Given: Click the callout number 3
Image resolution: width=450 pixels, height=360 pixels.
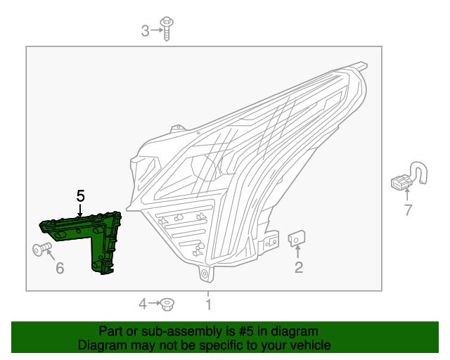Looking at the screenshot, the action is pyautogui.click(x=146, y=30).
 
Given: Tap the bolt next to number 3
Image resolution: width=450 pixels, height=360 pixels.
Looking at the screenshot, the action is pyautogui.click(x=167, y=29).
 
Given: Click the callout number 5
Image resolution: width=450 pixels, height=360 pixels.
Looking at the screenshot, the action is pyautogui.click(x=81, y=195).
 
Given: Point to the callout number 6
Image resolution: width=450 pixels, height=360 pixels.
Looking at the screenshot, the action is pyautogui.click(x=60, y=268).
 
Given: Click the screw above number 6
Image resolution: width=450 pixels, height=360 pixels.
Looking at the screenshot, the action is pyautogui.click(x=41, y=248).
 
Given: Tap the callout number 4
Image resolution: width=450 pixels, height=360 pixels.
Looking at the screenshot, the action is pyautogui.click(x=143, y=304).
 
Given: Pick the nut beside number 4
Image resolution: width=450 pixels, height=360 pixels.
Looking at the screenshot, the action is pyautogui.click(x=167, y=304).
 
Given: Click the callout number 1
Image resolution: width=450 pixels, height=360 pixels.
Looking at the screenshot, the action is pyautogui.click(x=208, y=304).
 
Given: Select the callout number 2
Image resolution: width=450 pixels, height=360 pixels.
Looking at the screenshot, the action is pyautogui.click(x=299, y=267).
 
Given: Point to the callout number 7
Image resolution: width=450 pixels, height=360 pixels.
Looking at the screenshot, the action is pyautogui.click(x=407, y=209).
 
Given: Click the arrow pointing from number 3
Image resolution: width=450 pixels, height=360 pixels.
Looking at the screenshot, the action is pyautogui.click(x=155, y=30).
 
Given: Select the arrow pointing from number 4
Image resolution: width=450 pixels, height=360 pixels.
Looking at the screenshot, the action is pyautogui.click(x=153, y=304).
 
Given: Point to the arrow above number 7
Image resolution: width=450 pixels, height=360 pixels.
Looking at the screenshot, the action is pyautogui.click(x=407, y=195).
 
